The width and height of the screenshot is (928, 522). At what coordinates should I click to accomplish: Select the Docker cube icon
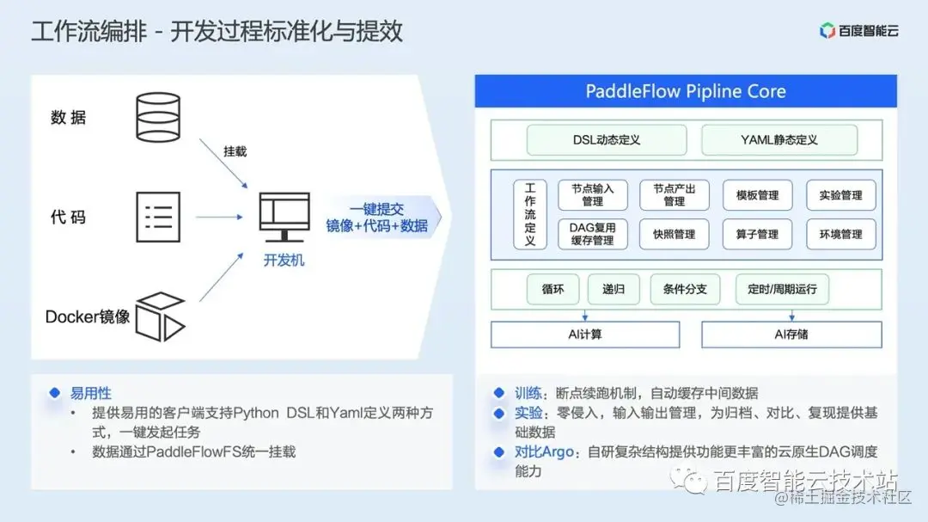tap(161, 316)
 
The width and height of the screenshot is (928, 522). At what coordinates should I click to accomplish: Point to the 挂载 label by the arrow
tap(235, 151)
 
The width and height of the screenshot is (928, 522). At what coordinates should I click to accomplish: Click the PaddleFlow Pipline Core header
tap(686, 91)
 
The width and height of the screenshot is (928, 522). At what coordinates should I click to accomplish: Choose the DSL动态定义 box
tap(606, 139)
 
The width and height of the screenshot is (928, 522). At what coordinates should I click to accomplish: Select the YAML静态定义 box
tap(778, 139)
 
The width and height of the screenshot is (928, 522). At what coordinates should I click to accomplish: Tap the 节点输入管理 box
tap(592, 195)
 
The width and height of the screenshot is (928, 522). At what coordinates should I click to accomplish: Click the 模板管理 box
tap(757, 195)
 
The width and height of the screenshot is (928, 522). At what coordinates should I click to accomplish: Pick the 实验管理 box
tap(839, 195)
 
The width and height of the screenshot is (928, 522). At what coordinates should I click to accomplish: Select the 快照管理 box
tap(674, 234)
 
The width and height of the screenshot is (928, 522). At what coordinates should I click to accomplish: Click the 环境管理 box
tap(839, 234)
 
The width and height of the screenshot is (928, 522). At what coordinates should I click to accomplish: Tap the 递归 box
tap(613, 289)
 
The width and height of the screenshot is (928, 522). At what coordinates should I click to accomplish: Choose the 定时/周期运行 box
tap(781, 289)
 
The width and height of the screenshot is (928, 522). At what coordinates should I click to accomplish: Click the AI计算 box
tap(584, 334)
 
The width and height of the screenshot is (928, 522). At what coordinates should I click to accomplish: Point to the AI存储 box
tap(791, 334)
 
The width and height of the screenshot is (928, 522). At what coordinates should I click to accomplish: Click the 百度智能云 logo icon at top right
tap(827, 31)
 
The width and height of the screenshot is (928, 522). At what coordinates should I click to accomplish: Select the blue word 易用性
tap(90, 393)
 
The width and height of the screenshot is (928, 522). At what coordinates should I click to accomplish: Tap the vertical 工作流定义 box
tap(529, 214)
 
